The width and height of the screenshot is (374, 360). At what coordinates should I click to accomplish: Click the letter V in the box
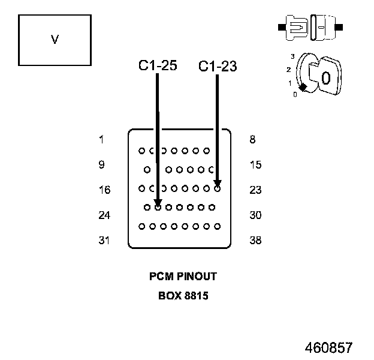tap(55, 40)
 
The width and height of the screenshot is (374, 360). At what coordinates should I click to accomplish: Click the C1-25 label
tap(158, 66)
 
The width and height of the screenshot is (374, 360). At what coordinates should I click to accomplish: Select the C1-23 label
tap(218, 67)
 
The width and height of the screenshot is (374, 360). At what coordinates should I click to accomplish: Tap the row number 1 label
tap(102, 140)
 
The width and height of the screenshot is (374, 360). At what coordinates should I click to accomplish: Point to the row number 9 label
tap(102, 165)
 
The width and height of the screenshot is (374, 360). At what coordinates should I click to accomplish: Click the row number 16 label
tap(104, 190)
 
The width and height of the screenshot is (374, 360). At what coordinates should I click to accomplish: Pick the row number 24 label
tap(104, 215)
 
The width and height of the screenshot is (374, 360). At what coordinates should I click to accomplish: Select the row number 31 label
tap(104, 241)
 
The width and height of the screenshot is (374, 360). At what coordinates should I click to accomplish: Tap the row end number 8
tap(253, 140)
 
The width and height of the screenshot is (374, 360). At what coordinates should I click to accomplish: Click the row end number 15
tap(255, 165)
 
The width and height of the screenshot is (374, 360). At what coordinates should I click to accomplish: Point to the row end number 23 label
tap(255, 190)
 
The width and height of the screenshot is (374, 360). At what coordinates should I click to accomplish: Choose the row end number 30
tap(255, 215)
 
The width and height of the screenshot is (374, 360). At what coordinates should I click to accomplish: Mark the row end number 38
tap(255, 241)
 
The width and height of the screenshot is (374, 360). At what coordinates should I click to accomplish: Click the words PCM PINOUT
tap(183, 277)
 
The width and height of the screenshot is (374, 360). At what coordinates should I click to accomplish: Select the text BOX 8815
tap(183, 296)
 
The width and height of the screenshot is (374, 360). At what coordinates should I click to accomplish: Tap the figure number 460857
tap(328, 348)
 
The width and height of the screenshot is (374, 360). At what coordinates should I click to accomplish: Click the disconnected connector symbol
tap(310, 28)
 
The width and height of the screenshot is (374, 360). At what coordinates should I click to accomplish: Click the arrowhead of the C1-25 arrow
tap(157, 203)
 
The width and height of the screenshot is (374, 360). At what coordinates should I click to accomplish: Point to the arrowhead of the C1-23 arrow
tap(218, 184)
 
